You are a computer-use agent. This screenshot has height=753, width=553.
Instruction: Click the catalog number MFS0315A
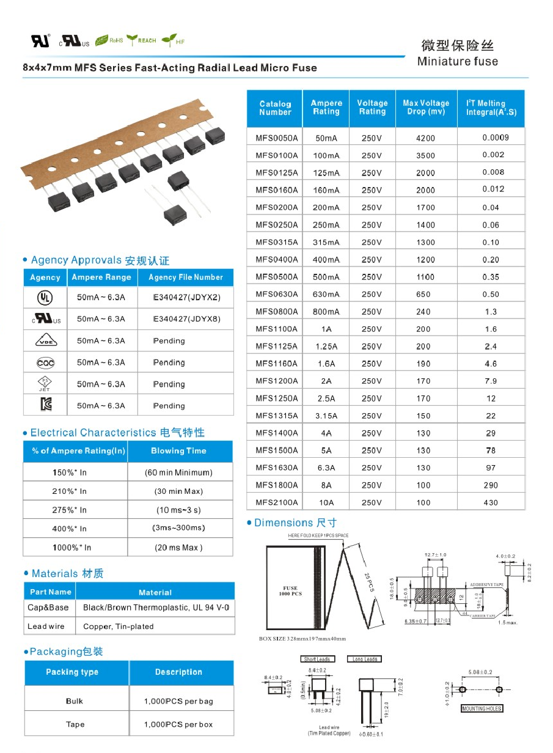point(276,242)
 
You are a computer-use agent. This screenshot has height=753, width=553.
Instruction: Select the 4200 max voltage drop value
point(425,138)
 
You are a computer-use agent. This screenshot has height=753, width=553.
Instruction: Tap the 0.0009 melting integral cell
point(495,138)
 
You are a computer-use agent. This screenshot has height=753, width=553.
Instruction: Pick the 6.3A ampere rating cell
point(326,468)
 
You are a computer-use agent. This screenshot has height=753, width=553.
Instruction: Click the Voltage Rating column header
point(372,108)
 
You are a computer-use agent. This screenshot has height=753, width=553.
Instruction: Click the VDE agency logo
point(45,341)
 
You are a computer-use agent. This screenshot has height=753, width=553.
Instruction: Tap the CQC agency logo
point(45,362)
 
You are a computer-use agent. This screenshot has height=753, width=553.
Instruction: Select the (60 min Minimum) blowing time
point(178,472)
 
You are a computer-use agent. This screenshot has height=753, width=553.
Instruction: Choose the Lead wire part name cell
point(46,626)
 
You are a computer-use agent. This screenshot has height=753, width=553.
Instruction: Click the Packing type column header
point(72,672)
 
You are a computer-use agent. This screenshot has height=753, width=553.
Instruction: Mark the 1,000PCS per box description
point(178,724)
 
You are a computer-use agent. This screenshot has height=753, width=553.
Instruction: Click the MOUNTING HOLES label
point(482,708)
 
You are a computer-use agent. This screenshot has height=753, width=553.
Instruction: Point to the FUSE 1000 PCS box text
point(290,591)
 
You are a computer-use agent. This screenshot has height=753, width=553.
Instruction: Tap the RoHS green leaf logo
point(109,40)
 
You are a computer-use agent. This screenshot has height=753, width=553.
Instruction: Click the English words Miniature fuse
point(457,61)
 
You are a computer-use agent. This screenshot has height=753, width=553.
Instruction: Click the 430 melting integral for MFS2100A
point(490,502)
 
